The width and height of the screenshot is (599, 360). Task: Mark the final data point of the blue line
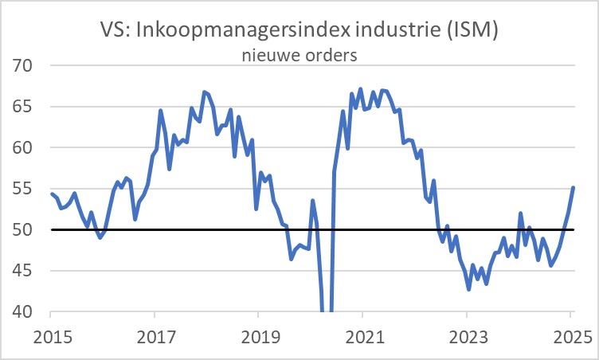point(574,188)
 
